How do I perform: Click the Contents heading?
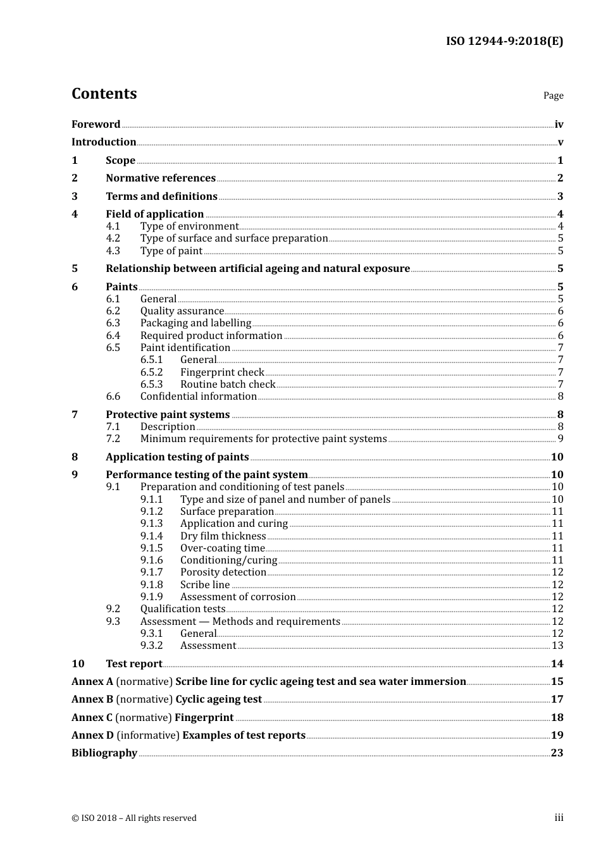104,94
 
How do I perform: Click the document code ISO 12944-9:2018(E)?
504,41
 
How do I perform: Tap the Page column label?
553,95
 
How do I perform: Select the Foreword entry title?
96,124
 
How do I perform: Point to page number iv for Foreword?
559,125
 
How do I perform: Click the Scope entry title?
120,161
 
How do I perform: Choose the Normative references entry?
161,178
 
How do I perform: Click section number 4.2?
113,238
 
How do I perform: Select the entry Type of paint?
171,251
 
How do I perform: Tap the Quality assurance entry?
182,311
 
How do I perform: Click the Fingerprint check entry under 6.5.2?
222,373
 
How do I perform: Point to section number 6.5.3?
151,385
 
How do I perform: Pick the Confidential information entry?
198,397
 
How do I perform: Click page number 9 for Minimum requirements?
560,439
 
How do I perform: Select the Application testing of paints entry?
177,457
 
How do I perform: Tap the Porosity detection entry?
223,572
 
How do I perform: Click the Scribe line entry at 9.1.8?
205,585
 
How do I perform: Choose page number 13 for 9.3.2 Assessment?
557,646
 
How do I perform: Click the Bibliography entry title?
104,753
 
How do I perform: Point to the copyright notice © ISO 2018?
134,818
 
